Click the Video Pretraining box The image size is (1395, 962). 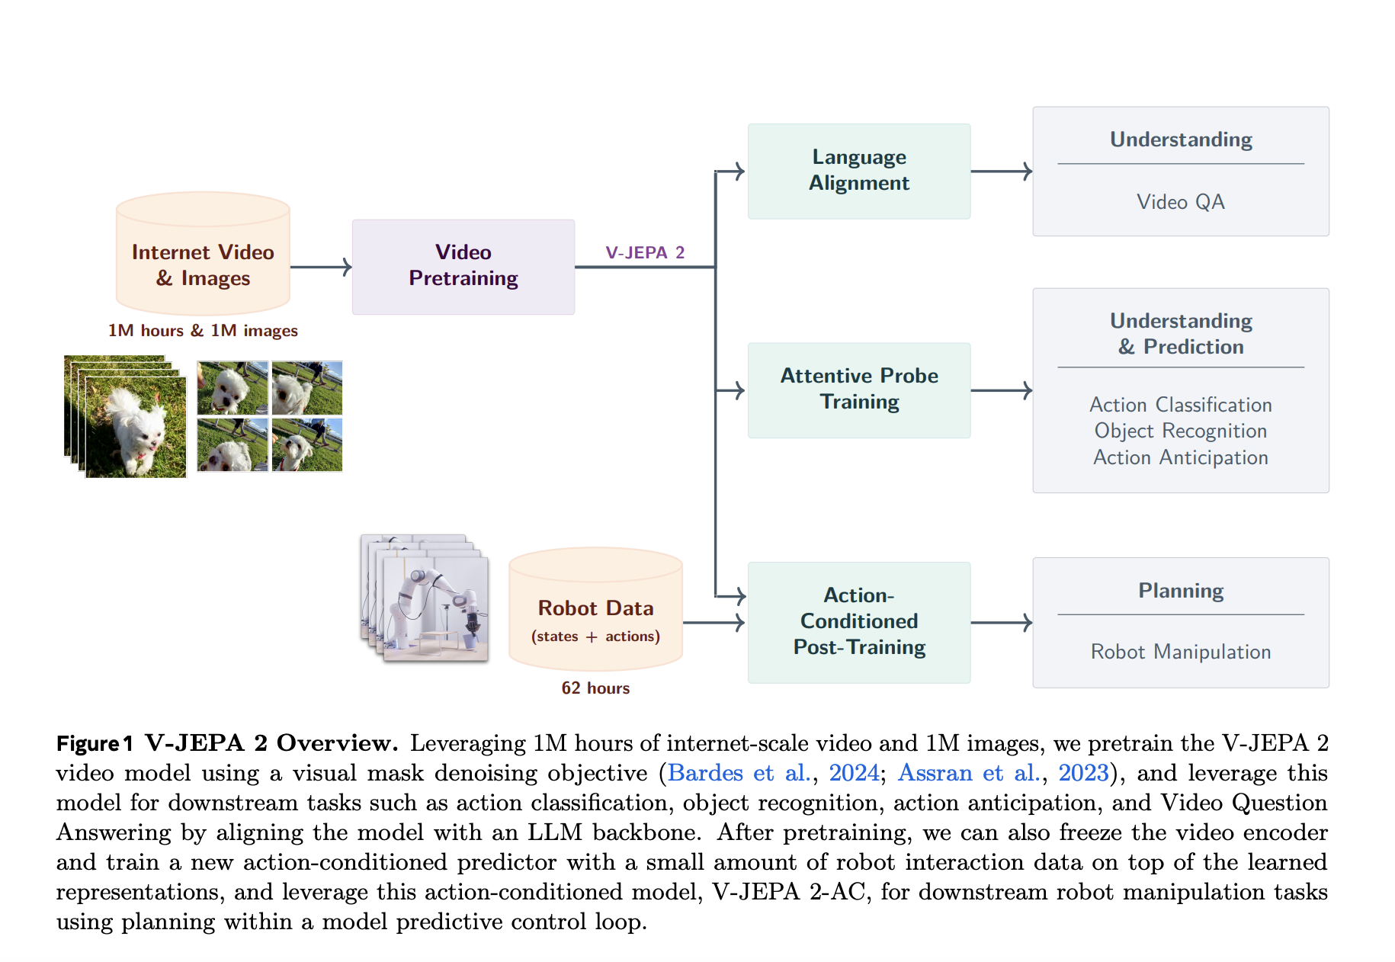[463, 267]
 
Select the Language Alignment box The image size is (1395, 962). [858, 171]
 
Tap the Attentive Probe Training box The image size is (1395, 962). [858, 390]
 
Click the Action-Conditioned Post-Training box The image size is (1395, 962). [858, 621]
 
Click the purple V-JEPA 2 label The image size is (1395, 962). [645, 252]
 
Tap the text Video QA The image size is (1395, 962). [1180, 202]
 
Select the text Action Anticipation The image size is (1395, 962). [1180, 457]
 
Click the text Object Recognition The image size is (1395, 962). [1180, 431]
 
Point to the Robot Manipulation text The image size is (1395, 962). [1180, 652]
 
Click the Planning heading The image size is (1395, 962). [1180, 591]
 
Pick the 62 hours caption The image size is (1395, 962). [595, 688]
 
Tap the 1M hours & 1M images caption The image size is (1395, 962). [203, 330]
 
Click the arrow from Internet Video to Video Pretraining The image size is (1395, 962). [321, 267]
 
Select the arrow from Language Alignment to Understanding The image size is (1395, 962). [1001, 171]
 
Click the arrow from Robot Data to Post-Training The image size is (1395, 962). [714, 623]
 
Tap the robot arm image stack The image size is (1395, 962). [425, 598]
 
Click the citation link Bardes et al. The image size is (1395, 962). [738, 773]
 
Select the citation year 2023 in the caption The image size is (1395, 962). [1082, 773]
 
